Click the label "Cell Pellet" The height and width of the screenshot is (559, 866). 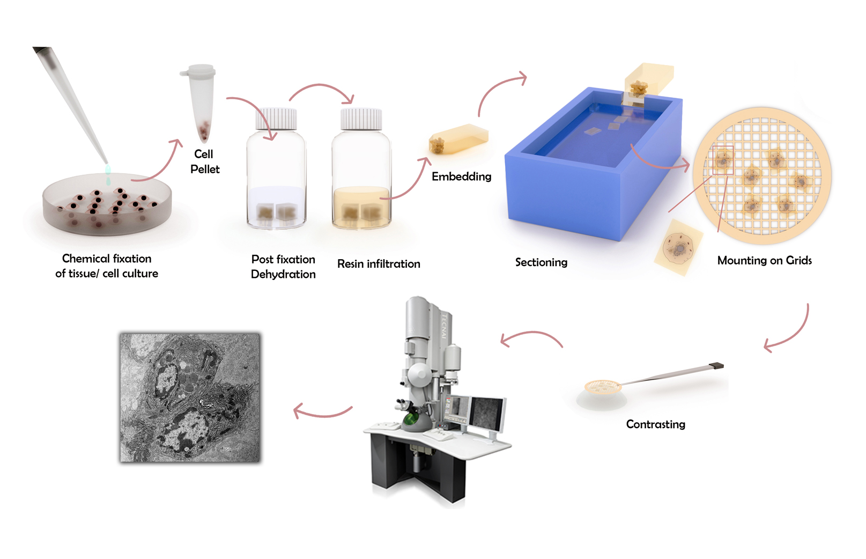[x=204, y=161]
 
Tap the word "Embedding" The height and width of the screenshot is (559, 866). [x=461, y=177]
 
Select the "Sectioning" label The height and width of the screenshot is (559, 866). [x=541, y=262]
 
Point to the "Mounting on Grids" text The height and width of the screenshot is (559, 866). [x=764, y=260]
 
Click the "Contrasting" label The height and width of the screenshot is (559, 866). [x=656, y=424]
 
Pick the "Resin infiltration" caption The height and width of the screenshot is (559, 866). [x=379, y=264]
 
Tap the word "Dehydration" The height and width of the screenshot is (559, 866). [x=283, y=274]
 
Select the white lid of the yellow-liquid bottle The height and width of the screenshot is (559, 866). [x=361, y=119]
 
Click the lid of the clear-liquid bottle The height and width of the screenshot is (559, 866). [x=276, y=119]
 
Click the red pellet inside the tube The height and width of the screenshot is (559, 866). [x=204, y=131]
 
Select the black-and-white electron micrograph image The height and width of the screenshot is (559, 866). [x=190, y=398]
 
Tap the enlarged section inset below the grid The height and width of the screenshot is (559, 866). [x=678, y=247]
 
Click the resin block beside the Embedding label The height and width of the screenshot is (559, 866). [x=459, y=139]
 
